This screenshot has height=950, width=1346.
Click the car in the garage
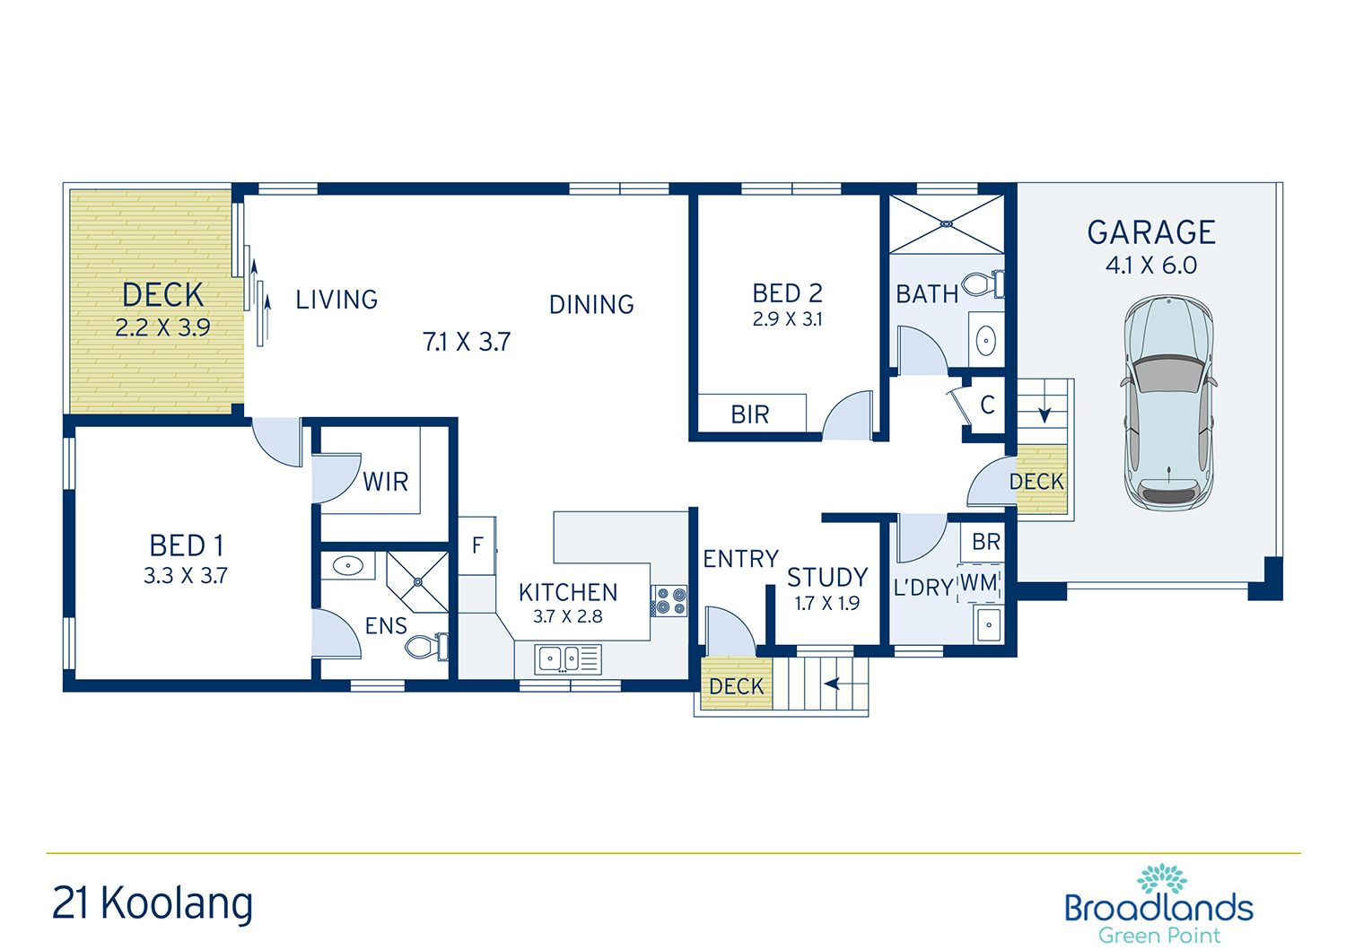(1168, 403)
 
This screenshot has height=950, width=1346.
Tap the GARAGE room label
(1151, 232)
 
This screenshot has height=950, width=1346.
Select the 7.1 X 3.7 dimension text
(467, 342)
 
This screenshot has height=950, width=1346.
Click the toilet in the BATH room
(983, 283)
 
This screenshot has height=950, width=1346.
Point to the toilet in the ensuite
(426, 647)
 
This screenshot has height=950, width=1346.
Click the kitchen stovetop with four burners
(669, 601)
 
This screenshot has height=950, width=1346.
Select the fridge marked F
(477, 545)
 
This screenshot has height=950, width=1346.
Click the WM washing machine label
(979, 582)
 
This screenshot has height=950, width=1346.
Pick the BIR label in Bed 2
(750, 414)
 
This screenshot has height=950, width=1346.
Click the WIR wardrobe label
(386, 482)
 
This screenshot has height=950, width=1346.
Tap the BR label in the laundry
(986, 542)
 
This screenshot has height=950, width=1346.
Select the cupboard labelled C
(987, 405)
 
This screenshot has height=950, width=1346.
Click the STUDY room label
(827, 578)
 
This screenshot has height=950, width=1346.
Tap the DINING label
(591, 305)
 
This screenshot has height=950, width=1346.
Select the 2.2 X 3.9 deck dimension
(162, 327)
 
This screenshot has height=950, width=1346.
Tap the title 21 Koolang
(153, 903)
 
